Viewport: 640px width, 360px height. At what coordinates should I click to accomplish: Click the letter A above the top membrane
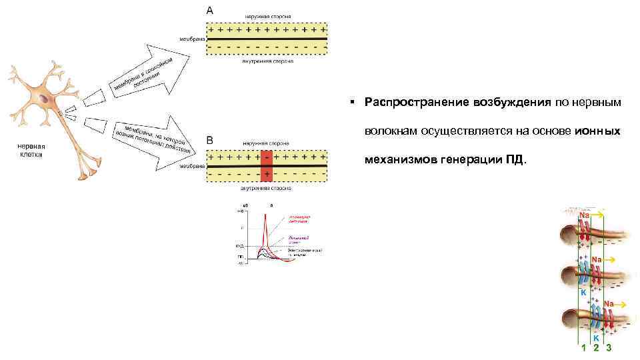[x=211, y=10]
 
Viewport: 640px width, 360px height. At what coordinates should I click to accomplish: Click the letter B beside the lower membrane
[x=210, y=141]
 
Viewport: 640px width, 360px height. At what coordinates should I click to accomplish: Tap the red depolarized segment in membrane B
[x=267, y=165]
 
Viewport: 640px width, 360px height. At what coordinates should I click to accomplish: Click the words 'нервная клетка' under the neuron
[x=31, y=150]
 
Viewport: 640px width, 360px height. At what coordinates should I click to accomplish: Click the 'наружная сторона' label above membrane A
[x=267, y=15]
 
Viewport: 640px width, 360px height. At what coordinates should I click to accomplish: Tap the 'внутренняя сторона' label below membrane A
[x=267, y=61]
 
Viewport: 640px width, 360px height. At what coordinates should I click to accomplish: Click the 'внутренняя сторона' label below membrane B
[x=267, y=189]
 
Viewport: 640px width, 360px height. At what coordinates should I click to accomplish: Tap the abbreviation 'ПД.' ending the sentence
[x=516, y=161]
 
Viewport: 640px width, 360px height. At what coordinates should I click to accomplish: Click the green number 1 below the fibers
[x=583, y=348]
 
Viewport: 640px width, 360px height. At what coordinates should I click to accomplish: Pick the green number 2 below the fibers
[x=596, y=348]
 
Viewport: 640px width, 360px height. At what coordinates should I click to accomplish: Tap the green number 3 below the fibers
[x=609, y=348]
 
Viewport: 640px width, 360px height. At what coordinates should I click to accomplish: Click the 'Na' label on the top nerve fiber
[x=584, y=215]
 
